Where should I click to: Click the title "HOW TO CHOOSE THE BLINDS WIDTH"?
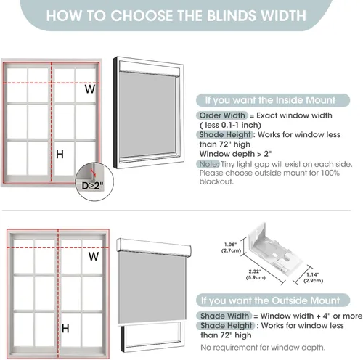(x=176, y=15)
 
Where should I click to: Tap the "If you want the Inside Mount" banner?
(x=273, y=100)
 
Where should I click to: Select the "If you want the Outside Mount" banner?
(x=273, y=300)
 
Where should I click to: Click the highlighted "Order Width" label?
(x=222, y=115)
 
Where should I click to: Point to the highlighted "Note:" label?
(x=208, y=164)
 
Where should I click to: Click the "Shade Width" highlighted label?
(x=224, y=316)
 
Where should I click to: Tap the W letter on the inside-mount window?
(x=90, y=89)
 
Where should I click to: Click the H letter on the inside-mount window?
(x=60, y=154)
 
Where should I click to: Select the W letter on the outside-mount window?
(x=94, y=256)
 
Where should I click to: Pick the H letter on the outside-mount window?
(x=65, y=328)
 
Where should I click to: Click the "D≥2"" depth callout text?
(x=93, y=186)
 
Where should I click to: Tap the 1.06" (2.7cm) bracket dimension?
(x=231, y=247)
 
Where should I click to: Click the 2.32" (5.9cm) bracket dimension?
(x=256, y=274)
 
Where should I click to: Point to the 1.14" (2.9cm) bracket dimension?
(x=314, y=277)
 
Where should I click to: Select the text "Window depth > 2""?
(x=235, y=154)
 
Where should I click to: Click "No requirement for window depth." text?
(x=263, y=348)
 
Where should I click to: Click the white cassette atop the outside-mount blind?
(x=154, y=247)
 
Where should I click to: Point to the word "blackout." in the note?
(x=216, y=181)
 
